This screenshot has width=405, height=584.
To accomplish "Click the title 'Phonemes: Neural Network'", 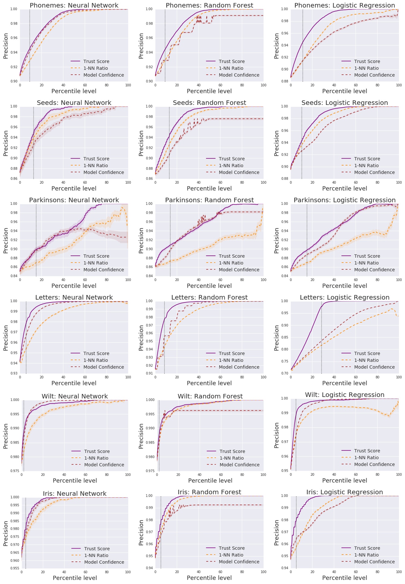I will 74,5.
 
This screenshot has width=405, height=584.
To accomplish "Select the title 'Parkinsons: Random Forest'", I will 209,200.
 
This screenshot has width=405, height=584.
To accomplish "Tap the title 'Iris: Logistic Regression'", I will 345,492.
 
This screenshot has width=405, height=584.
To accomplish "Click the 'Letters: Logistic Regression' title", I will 345,297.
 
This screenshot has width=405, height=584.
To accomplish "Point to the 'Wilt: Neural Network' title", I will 75,396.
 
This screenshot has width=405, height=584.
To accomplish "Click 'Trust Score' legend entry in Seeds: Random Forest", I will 231,159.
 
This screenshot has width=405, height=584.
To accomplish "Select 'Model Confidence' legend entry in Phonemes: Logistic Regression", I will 374,75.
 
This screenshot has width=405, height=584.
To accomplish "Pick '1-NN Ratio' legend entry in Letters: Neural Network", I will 95,360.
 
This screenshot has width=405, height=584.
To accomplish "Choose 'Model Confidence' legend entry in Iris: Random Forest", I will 239,562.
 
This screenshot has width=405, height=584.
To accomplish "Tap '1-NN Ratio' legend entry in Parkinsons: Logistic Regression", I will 366,263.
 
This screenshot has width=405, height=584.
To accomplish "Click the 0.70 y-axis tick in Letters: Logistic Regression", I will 285,373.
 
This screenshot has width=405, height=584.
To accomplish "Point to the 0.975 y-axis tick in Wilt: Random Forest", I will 150,471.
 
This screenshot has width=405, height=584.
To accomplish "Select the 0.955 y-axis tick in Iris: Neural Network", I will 14,568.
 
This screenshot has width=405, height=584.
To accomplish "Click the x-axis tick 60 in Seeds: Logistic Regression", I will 356,182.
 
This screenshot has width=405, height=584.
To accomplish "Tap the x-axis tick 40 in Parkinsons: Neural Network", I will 63,280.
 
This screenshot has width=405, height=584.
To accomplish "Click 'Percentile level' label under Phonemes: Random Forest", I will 209,91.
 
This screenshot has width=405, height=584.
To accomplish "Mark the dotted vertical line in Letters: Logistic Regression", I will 321,337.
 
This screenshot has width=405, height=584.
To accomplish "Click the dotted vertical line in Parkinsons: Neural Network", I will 36,240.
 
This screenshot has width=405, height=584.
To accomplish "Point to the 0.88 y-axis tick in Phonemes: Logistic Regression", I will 285,81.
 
